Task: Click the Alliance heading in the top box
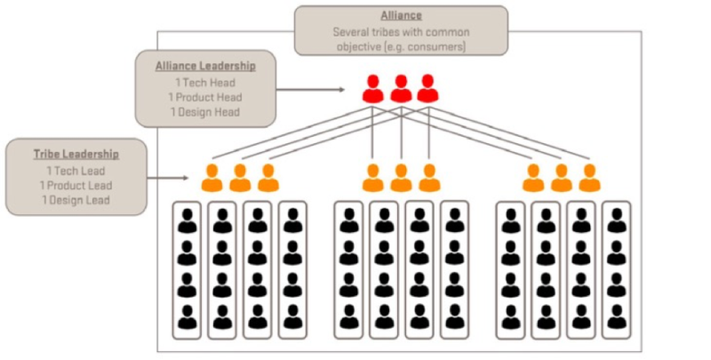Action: (401, 16)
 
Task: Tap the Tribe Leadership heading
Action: (76, 154)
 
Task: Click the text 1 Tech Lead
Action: (76, 170)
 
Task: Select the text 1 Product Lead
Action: (76, 185)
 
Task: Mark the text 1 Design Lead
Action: (76, 200)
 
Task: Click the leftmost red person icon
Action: (373, 89)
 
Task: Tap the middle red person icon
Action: (401, 89)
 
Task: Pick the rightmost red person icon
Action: (428, 89)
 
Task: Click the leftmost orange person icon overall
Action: (212, 178)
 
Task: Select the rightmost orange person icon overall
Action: (589, 178)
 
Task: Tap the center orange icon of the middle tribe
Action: (401, 178)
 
